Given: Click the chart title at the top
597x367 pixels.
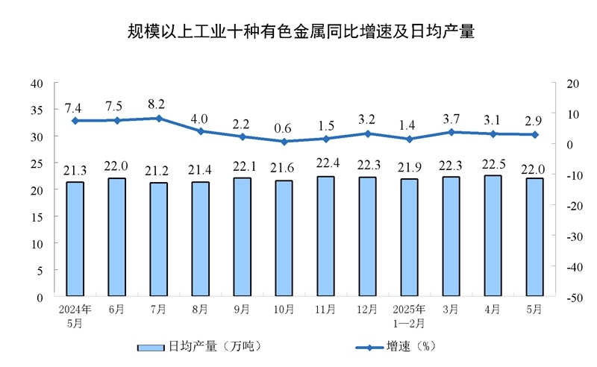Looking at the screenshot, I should click(299, 33).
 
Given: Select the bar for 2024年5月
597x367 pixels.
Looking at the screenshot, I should click(75, 239).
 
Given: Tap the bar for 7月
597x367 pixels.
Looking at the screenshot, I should click(158, 239).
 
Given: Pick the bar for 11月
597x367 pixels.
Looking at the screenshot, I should click(325, 236).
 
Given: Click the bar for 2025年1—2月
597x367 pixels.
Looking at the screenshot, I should click(409, 237).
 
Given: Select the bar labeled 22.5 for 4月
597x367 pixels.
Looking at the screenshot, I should click(493, 236).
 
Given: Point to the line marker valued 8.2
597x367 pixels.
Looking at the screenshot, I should click(158, 118).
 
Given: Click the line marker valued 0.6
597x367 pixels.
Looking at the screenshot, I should click(284, 141).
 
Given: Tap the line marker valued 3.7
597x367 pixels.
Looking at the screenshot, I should click(451, 132).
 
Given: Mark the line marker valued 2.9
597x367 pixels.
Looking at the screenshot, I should click(534, 134).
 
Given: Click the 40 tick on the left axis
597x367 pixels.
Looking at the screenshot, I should click(37, 83).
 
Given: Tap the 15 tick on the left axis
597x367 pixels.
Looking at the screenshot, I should click(37, 217).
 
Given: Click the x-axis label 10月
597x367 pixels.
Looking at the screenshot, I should click(284, 308).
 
